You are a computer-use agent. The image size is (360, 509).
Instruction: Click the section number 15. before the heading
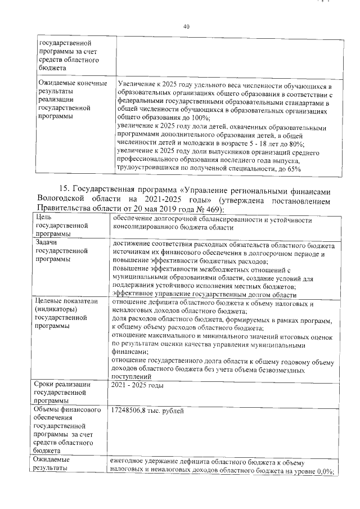65,188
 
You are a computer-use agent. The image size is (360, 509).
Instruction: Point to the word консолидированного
150,227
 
